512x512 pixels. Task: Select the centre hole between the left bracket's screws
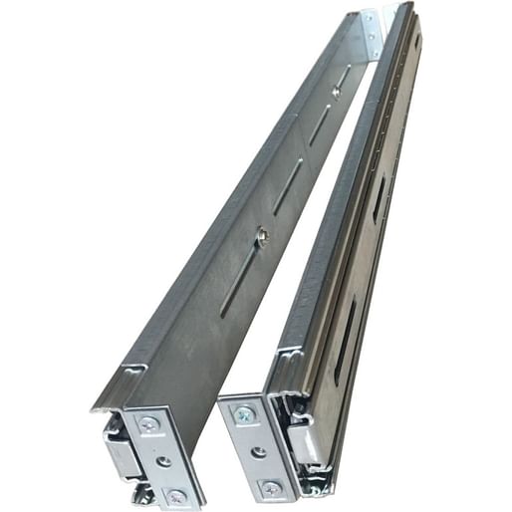pos(162,460)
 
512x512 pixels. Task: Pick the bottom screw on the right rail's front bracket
pos(269,487)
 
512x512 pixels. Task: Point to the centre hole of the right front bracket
pos(258,450)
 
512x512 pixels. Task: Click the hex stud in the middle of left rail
pos(261,236)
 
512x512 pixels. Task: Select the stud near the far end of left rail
pos(336,92)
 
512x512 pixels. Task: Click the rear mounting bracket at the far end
pos(371,34)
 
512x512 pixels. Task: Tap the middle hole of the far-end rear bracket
pos(373,34)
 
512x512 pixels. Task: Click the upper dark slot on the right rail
pos(381,200)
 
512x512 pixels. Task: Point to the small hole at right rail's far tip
pos(416,43)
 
